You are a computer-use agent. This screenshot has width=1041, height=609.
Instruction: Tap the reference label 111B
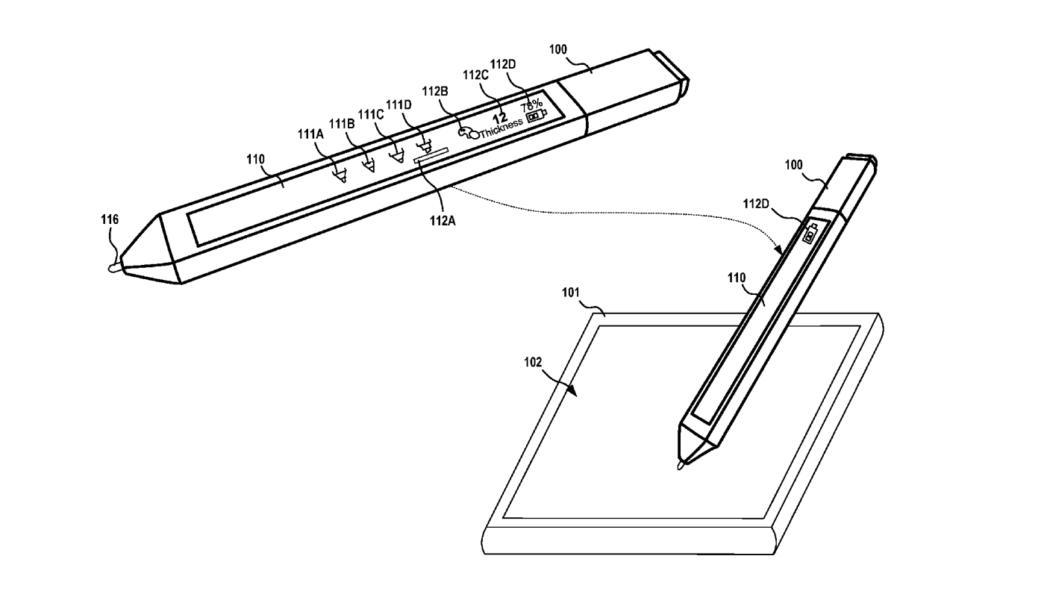[341, 123]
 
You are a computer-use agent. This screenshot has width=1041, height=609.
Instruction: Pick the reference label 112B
[435, 91]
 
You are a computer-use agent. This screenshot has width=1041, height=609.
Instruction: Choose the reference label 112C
[475, 75]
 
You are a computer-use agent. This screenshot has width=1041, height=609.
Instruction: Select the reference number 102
[532, 362]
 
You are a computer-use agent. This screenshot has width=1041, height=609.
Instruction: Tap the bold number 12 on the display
[500, 116]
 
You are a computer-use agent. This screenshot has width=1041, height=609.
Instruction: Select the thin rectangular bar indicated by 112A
[431, 154]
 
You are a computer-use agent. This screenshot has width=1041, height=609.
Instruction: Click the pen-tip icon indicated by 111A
[341, 175]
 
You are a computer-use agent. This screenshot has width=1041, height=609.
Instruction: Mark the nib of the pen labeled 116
[113, 266]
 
